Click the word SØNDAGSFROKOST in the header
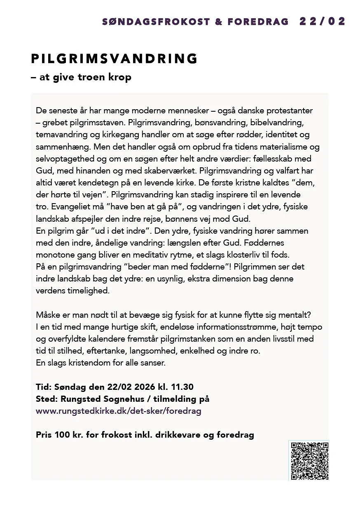[x=156, y=22]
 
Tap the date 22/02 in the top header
[x=322, y=21]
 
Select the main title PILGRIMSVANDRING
[x=115, y=59]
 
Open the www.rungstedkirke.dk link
[x=119, y=411]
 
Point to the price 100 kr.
[x=66, y=435]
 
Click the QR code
[x=309, y=461]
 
